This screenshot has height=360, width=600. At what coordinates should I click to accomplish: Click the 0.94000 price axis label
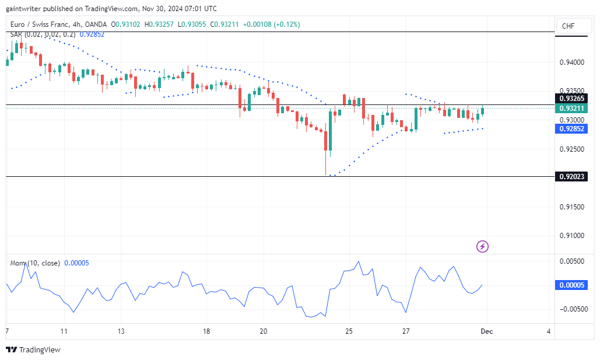click(x=571, y=62)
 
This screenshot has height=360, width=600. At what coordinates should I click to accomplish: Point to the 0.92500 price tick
click(x=571, y=149)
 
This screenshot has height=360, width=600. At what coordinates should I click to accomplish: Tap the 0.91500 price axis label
click(x=571, y=207)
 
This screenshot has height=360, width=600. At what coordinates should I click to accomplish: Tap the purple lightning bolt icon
click(x=482, y=246)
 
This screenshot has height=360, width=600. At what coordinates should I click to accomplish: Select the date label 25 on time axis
click(x=349, y=331)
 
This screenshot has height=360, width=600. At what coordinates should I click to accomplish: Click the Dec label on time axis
click(x=487, y=331)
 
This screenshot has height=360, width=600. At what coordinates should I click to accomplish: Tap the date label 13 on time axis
click(x=121, y=331)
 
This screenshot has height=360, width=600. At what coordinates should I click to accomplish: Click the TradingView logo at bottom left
click(x=33, y=349)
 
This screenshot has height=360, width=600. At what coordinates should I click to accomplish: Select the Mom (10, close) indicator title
click(x=35, y=263)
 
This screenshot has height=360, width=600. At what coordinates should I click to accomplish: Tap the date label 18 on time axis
click(x=206, y=331)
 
